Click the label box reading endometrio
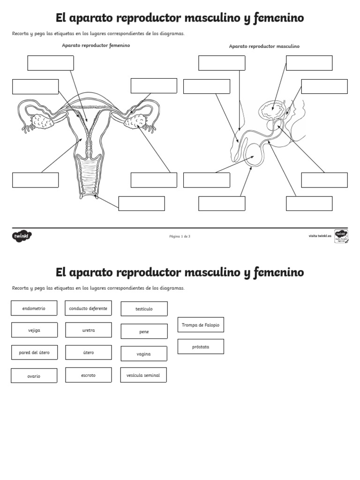(34, 308)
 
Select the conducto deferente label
(88, 308)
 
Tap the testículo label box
(144, 309)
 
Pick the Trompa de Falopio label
(201, 324)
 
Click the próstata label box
(201, 346)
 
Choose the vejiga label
(34, 330)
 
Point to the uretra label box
(88, 330)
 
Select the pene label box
(144, 331)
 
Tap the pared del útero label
(34, 352)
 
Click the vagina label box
(144, 354)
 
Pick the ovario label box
(34, 375)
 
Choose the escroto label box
(88, 375)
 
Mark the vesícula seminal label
(143, 375)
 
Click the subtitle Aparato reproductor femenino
(96, 45)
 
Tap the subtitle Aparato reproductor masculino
(264, 46)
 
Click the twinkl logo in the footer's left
(22, 236)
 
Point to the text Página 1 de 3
(180, 236)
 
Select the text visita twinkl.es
(320, 236)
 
